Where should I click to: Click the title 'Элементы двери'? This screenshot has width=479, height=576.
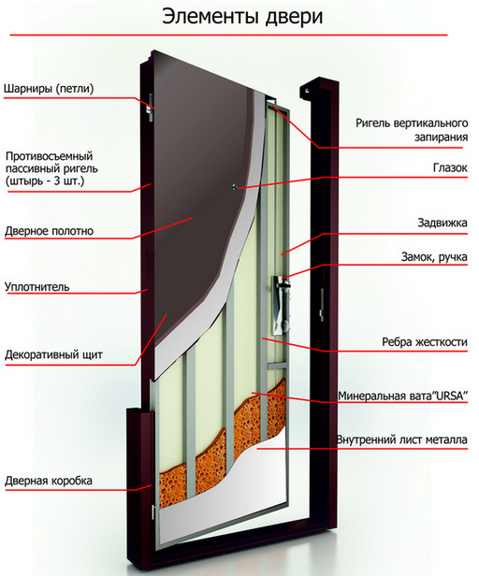click(x=242, y=18)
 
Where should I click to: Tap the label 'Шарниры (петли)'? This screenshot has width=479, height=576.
click(x=49, y=89)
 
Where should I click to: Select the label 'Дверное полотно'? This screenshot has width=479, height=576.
click(x=49, y=231)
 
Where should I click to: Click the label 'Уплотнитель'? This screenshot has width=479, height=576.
click(x=36, y=287)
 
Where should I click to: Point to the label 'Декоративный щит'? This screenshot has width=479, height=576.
click(x=53, y=355)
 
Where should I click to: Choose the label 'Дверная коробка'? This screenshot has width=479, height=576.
click(x=48, y=481)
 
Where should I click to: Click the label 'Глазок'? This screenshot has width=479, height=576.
click(x=450, y=168)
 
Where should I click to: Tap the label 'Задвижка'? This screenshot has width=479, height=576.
click(x=443, y=223)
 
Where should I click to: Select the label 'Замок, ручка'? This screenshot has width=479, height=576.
click(x=434, y=257)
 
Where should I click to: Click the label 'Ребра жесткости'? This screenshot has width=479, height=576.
click(x=425, y=342)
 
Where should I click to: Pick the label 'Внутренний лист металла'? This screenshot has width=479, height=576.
click(x=401, y=439)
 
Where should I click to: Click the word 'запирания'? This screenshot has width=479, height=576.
click(x=442, y=137)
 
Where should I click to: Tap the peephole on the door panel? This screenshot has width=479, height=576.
click(x=235, y=187)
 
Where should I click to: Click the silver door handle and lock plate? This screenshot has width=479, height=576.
click(x=282, y=305)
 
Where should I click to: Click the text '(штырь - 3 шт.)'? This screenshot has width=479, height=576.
click(x=45, y=181)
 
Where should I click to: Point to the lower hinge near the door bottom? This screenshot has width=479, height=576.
click(x=153, y=512)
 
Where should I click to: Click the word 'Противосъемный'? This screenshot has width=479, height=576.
click(x=50, y=156)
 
